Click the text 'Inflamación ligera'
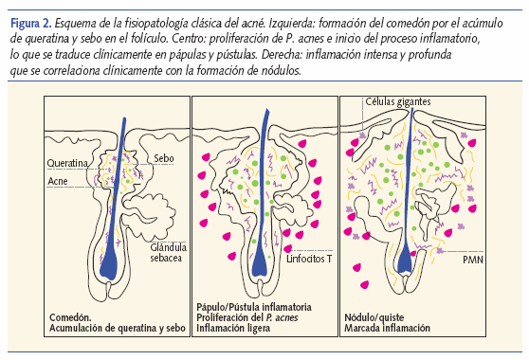tap(233, 331)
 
